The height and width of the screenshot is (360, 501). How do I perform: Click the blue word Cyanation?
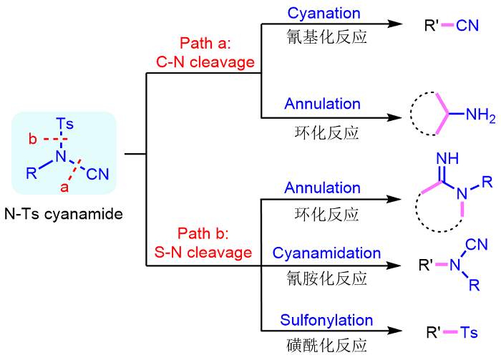[324, 13]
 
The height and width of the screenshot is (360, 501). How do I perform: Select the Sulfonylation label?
[326, 320]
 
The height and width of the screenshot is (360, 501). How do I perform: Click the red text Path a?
[205, 44]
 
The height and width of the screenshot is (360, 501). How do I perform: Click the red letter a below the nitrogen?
[64, 188]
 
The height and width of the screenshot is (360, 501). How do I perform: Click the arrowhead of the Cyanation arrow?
[393, 24]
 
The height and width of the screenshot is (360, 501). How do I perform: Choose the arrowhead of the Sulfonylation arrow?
[393, 331]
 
